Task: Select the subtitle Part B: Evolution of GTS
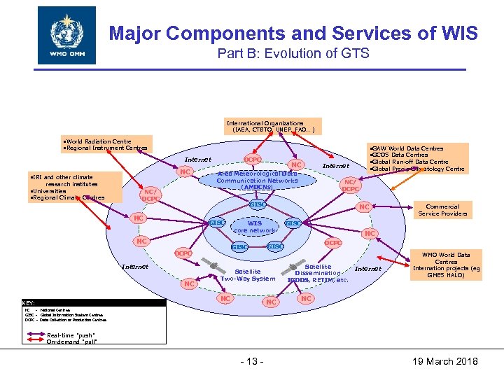click(x=294, y=55)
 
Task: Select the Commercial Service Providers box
click(x=442, y=210)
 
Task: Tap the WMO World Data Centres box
click(x=446, y=265)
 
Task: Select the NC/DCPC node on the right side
click(x=351, y=185)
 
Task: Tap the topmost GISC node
click(x=257, y=204)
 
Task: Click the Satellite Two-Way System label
click(x=247, y=275)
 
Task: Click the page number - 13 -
click(x=251, y=361)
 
